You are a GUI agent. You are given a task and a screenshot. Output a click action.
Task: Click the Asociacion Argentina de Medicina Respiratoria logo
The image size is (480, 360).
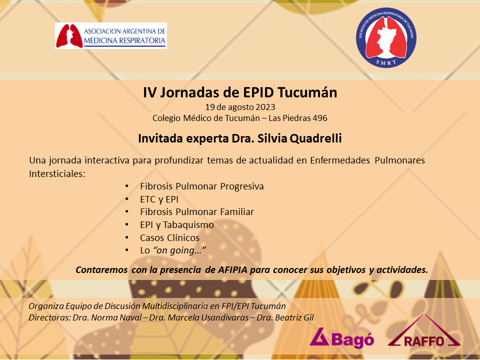(x=111, y=35)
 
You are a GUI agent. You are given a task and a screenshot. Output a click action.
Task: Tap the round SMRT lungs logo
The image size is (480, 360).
(x=386, y=37)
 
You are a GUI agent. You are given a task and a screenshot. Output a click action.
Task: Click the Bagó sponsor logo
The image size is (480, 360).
(x=341, y=338)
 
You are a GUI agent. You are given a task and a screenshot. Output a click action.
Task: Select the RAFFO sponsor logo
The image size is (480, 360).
(x=424, y=331)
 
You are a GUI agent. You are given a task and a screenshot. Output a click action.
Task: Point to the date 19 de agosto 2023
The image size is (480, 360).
(x=240, y=107)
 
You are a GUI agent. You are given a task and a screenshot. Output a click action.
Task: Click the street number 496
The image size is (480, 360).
(x=320, y=118)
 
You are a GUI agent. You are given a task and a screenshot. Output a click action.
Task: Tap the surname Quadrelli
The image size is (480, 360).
(x=315, y=138)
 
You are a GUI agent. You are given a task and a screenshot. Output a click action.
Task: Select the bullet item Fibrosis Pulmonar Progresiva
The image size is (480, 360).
(x=201, y=186)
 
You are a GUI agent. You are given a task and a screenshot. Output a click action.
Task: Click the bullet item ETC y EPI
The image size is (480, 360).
(x=159, y=199)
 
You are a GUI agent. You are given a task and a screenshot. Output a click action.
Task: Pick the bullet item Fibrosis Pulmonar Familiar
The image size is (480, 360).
(x=197, y=212)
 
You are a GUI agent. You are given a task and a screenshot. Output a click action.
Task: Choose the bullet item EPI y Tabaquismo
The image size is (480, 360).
(x=177, y=225)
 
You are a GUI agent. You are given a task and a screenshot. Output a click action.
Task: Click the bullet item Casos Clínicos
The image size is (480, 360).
(x=169, y=238)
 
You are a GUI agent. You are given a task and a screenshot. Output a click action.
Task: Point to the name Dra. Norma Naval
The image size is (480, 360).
(x=107, y=317)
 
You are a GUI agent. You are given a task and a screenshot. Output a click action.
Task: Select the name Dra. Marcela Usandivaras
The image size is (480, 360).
(x=198, y=317)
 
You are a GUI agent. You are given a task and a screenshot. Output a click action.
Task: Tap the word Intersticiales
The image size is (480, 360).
(x=57, y=174)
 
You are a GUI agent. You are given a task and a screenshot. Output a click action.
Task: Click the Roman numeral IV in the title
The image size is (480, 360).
(x=149, y=92)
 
